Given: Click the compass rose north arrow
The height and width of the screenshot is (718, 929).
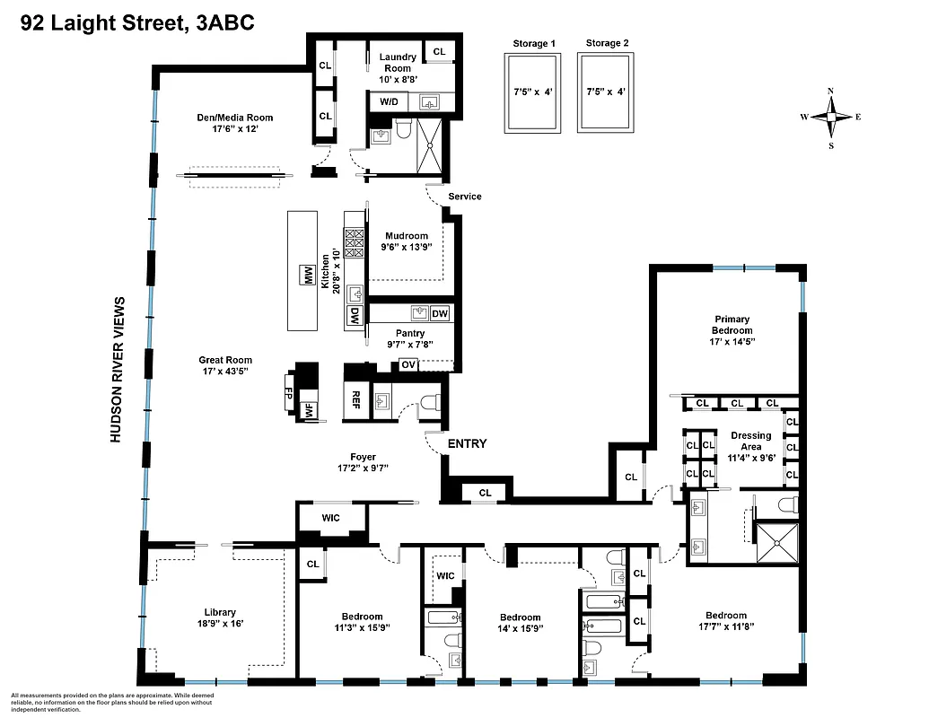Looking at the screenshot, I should click(x=831, y=100).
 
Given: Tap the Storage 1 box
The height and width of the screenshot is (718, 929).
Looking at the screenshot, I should click(x=534, y=92).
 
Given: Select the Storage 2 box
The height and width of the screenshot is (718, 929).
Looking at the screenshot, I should click(x=608, y=92).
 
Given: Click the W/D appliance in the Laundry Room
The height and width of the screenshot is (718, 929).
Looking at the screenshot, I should click(x=389, y=102).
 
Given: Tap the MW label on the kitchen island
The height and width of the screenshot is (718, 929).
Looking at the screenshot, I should click(x=308, y=277).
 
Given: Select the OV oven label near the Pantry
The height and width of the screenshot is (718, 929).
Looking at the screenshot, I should click(x=408, y=364).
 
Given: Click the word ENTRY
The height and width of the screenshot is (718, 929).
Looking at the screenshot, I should click(x=467, y=443).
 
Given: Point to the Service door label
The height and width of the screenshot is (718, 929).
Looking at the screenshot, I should click(x=464, y=197).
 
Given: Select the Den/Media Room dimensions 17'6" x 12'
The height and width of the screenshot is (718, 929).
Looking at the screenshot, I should click(x=235, y=129).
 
